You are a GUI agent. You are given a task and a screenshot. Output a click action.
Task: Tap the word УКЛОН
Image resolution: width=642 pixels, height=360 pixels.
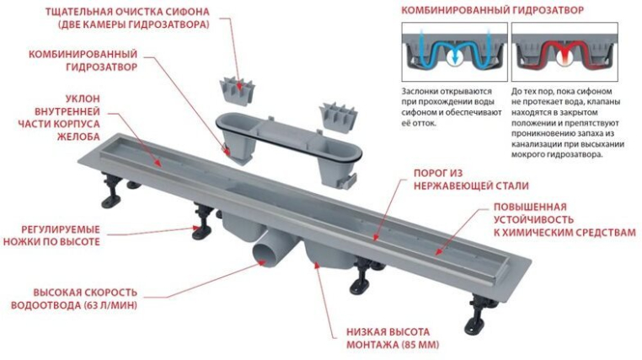tap(83, 99)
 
